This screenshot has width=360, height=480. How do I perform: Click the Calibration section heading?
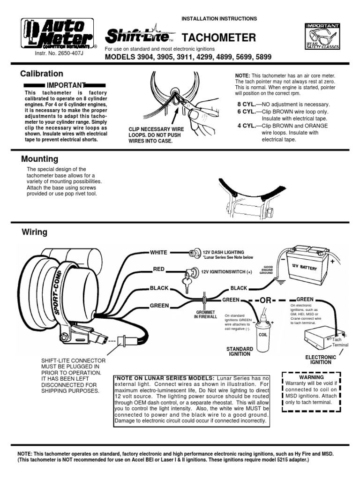tap(42, 74)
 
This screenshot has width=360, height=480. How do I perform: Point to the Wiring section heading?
tap(34, 232)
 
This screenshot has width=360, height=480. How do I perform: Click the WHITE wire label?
tap(158, 252)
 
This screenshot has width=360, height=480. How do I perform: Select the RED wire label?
tap(158, 270)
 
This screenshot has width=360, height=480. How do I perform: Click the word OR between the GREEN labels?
tap(265, 300)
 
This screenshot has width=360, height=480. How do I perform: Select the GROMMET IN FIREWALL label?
tap(206, 315)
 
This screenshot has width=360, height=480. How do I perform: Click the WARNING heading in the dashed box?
tap(311, 377)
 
